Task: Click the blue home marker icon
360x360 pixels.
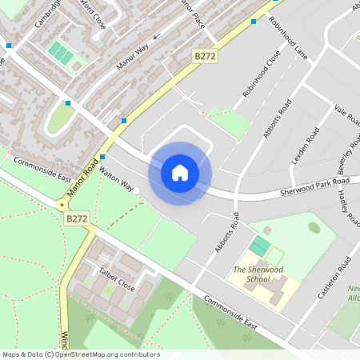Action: pos(180,172)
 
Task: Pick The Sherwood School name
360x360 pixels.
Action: pos(256,274)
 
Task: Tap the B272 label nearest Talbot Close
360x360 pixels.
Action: pos(77,218)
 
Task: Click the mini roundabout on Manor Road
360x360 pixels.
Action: pos(62,206)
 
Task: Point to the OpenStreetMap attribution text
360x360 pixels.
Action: pos(81,354)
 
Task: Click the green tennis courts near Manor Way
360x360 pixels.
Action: pos(61,54)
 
